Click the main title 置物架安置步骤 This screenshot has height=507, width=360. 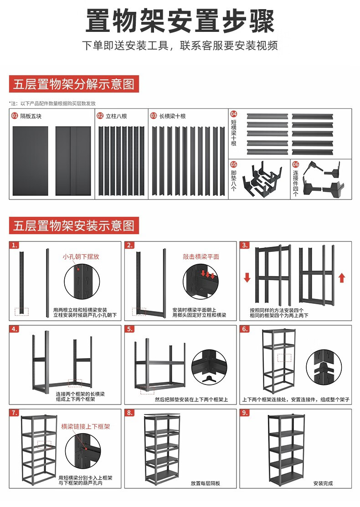click(180, 21)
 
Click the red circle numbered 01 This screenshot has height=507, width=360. click(15, 116)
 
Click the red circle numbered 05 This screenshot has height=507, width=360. click(234, 164)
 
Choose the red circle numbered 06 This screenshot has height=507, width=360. click(295, 164)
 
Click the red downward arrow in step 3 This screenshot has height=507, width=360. click(247, 277)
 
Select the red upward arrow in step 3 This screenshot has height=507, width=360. click(342, 277)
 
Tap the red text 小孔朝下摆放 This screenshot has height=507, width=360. click(81, 256)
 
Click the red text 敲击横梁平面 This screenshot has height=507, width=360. click(201, 256)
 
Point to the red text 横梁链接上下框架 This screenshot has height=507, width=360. click(86, 427)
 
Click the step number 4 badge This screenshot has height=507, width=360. click(15, 329)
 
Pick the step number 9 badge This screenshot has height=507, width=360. click(245, 413)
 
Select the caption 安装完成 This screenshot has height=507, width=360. click(323, 483)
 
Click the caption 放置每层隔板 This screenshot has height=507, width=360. click(206, 483)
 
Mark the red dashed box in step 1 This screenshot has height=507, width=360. click(21, 311)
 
